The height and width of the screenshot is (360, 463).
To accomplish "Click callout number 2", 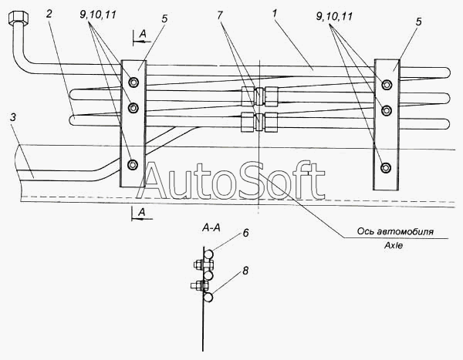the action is coord(49,14).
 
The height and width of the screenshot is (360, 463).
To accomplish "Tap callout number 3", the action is coord(12,117).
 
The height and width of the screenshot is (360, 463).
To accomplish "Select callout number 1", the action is coord(275,13).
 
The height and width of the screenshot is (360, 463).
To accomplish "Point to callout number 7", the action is coord(220,15).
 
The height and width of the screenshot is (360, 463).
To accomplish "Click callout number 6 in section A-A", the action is coord(245,233).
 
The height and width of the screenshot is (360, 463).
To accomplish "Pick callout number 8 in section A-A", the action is coord(245,271).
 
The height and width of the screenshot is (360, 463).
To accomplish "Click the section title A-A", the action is coord(211,228).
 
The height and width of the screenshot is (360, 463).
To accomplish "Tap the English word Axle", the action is coord(394,245).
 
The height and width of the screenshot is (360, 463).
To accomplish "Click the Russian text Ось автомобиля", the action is coord(395,231).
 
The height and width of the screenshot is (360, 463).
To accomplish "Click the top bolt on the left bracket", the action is coord(133,82).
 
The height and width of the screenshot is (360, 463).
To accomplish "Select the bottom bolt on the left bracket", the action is coord(133,164).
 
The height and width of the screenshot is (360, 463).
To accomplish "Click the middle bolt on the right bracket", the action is coord(386,110).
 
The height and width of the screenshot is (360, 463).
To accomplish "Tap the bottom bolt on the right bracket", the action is coord(385,167).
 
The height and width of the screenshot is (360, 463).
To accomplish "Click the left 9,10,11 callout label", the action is coord(98,15).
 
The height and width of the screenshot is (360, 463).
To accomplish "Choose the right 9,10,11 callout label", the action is coord(334,16).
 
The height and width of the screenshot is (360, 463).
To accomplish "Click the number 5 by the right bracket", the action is coord(419,22).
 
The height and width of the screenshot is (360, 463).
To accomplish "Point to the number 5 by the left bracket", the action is coord(164,19).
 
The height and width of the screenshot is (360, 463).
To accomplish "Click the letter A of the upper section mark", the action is coord(143,34).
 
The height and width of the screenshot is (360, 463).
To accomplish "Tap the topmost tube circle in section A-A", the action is coord(208,254).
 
